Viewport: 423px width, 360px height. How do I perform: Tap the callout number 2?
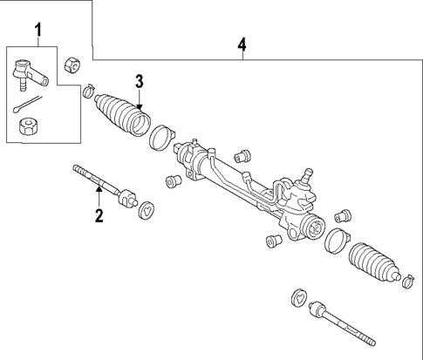pos(99,214)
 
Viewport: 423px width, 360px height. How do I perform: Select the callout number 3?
pos(139,81)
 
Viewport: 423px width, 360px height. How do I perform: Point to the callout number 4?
pos(242,44)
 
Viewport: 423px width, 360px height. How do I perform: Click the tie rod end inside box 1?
pos(29,72)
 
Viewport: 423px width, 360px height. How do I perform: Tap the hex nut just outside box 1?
pos(73,65)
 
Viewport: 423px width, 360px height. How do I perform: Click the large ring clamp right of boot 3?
pos(160,138)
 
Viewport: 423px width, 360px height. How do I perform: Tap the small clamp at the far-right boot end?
pos(406,281)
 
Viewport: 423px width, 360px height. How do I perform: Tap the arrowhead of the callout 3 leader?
pos(139,108)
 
